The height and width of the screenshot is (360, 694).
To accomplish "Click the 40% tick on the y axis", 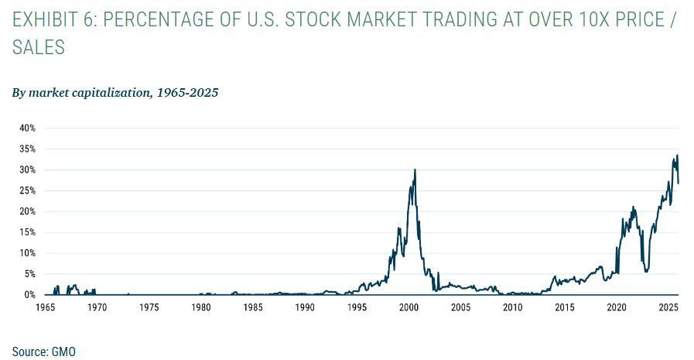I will point(28,128).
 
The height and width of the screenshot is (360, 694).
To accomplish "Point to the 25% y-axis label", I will point(28,190).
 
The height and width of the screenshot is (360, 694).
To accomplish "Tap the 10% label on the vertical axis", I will point(28,253).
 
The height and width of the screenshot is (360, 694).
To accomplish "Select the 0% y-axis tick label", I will point(30,295).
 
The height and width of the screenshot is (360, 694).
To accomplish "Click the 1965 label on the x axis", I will point(46,307).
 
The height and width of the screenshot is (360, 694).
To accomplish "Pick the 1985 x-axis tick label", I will point(253,307).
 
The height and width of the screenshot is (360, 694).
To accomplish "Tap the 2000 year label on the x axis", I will point(409,307).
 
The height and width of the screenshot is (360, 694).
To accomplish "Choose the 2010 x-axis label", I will point(512,307).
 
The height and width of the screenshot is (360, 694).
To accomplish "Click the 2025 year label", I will point(668,307).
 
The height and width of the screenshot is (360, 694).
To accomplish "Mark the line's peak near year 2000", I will point(415,170).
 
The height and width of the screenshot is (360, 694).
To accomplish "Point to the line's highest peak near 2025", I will point(677,156).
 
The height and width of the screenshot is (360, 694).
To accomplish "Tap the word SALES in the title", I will point(39,48).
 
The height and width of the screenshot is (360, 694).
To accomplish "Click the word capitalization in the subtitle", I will point(111,93).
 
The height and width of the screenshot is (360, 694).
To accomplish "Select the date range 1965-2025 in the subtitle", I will point(188,93).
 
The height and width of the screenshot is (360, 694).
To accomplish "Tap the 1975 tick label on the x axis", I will point(149,307).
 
